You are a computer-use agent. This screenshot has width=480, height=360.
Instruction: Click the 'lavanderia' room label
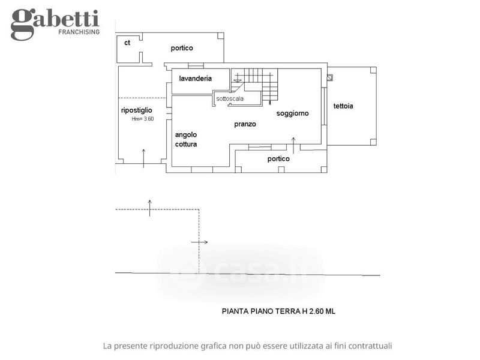(x=196, y=79)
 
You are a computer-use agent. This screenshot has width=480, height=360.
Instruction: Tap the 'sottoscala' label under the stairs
(x=230, y=98)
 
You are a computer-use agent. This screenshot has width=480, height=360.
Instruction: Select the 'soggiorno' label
(x=292, y=113)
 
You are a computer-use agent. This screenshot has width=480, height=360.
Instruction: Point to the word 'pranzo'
(x=245, y=124)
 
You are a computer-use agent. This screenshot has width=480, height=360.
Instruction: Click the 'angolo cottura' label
(x=186, y=140)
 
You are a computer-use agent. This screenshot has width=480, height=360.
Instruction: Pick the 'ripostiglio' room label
(x=137, y=110)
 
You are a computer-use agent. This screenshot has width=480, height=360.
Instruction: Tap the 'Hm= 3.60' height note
(x=143, y=119)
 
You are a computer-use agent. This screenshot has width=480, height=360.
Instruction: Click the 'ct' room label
(x=127, y=43)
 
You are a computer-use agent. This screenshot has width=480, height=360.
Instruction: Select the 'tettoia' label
(x=343, y=106)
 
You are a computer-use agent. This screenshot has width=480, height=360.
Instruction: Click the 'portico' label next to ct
(x=182, y=48)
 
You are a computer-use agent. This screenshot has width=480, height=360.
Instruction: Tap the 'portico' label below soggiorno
(x=278, y=158)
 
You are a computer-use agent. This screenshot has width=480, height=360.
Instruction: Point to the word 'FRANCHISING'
(x=79, y=32)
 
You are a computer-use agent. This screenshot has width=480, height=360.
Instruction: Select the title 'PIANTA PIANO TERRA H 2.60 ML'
(x=278, y=311)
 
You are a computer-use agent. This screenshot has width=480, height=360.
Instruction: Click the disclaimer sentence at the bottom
(x=247, y=346)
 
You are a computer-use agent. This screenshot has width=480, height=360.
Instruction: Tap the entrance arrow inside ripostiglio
(x=143, y=158)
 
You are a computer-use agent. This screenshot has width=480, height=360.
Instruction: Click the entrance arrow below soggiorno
(x=293, y=145)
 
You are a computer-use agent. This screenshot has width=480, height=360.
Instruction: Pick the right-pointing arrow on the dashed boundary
(x=199, y=242)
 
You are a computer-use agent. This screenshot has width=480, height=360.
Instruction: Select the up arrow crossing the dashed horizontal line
(x=149, y=208)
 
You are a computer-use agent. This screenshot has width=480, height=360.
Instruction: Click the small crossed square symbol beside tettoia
(x=329, y=78)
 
